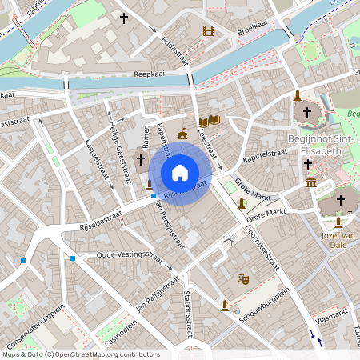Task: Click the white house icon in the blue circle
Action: click(180, 172)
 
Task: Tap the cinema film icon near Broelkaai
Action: click(209, 31)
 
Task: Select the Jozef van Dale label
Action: click(337, 241)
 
